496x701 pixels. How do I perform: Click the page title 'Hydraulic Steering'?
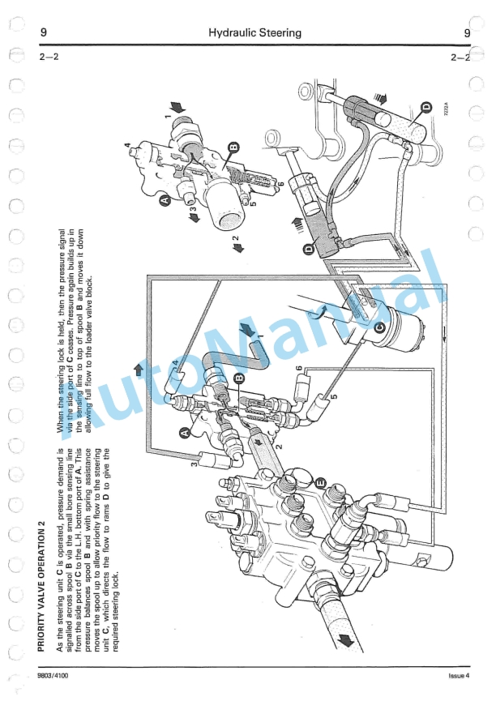click(x=254, y=33)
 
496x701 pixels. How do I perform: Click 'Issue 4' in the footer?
click(x=459, y=675)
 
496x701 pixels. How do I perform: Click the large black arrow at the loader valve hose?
click(x=344, y=639)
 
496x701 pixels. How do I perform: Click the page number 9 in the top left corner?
click(x=42, y=33)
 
